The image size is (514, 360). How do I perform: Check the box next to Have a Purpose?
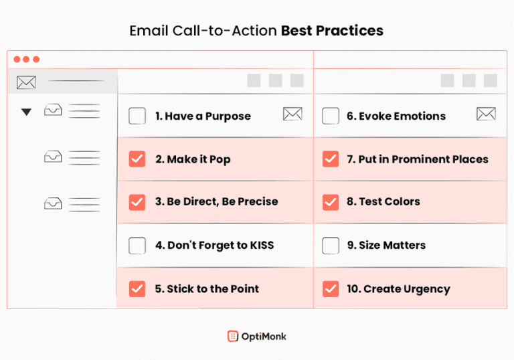click(137, 116)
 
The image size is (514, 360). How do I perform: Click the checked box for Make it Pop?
click(137, 159)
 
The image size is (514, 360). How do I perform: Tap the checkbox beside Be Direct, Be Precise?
click(137, 201)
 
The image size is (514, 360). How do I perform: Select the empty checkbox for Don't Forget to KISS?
click(137, 246)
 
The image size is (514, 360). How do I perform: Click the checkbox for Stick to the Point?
click(137, 289)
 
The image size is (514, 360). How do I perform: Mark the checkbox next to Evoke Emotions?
click(331, 116)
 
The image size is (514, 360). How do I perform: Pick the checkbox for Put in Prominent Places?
click(331, 159)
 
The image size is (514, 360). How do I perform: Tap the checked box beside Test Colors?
click(331, 201)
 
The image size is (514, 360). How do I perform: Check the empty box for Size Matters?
click(331, 246)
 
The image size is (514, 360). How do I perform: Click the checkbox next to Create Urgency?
click(331, 289)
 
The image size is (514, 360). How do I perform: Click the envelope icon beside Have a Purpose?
click(292, 114)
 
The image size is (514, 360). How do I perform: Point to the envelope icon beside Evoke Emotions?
click(486, 114)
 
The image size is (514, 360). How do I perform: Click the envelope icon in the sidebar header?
click(26, 83)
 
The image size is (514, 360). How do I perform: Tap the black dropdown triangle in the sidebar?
click(26, 112)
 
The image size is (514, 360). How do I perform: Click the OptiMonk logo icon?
click(232, 336)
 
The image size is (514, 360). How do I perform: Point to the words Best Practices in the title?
click(332, 31)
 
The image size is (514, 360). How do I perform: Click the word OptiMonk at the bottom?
click(264, 336)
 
